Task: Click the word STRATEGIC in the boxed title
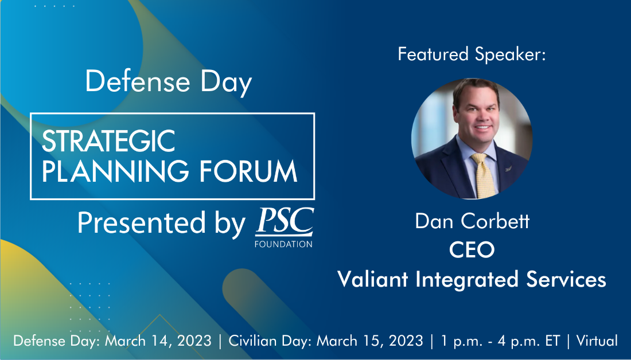pos(108,141)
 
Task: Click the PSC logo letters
pos(285,222)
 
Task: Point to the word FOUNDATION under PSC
pos(283,244)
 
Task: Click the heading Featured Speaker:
pos(472,54)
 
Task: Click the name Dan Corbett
pos(472,221)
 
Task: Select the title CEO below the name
pos(472,250)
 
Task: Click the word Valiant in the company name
pos(373,279)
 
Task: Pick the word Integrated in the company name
pos(466,280)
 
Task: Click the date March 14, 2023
pos(158,341)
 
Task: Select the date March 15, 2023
pos(370,341)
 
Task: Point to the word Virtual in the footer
pos(597,341)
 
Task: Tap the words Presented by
pos(161,223)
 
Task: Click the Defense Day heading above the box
pos(169,83)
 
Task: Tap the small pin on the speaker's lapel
pos(508,168)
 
